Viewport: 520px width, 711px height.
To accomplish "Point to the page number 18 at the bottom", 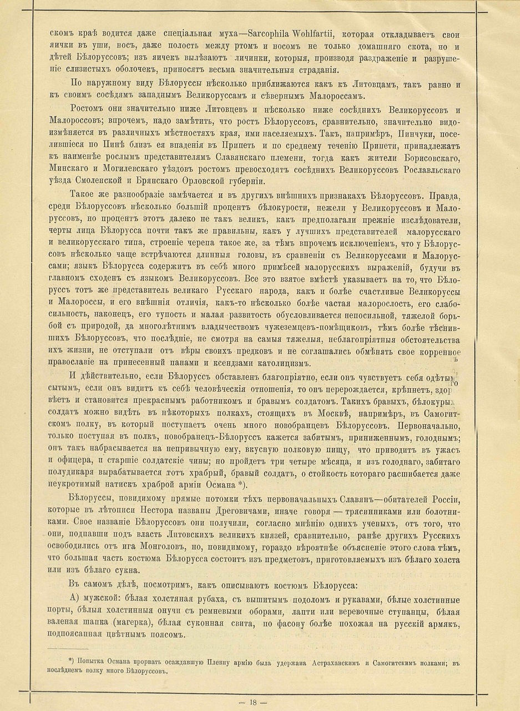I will coord(259,702).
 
